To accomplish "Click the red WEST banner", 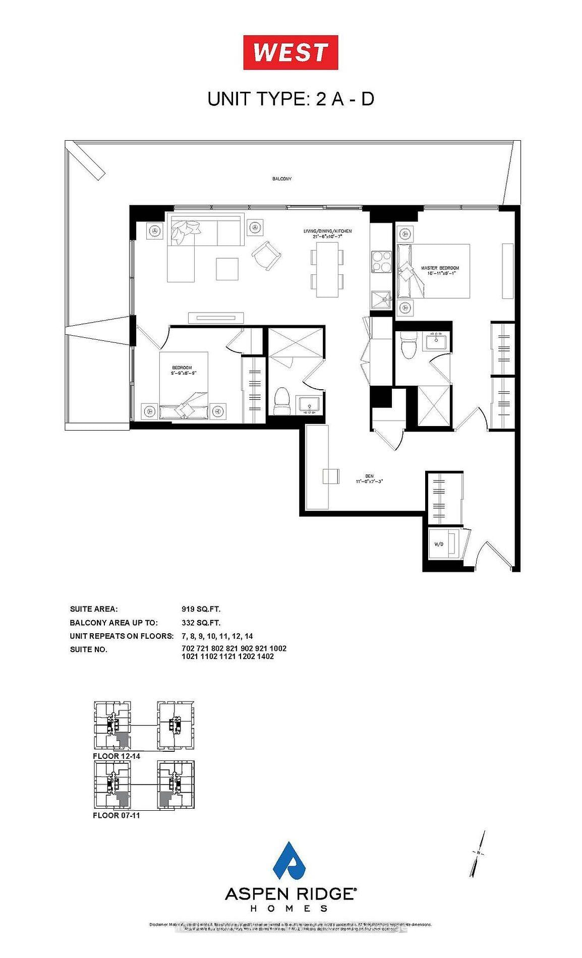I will coord(290,52).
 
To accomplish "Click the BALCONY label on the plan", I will coord(282,179).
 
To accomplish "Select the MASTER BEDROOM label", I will coord(440,271).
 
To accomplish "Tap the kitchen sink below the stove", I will coord(381,302).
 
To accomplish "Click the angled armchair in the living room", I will coord(266,255).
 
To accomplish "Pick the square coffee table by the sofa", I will coord(227,269).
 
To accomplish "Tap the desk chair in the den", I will coord(331,475).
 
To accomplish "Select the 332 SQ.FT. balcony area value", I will coord(201,623).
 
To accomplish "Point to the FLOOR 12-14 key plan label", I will coord(117,756).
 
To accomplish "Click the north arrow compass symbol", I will coord(478,853).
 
